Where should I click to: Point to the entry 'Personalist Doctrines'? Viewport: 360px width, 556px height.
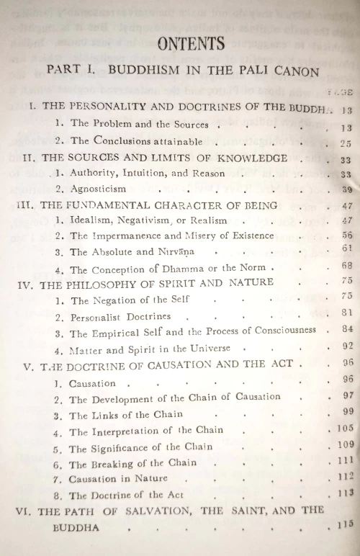pyautogui.click(x=120, y=316)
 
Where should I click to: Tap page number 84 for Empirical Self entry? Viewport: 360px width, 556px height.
pyautogui.click(x=346, y=330)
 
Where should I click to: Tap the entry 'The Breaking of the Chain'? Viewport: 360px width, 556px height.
pyautogui.click(x=132, y=463)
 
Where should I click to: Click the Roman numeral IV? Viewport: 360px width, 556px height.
pyautogui.click(x=27, y=284)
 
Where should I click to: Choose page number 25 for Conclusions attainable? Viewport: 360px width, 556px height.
pyautogui.click(x=346, y=143)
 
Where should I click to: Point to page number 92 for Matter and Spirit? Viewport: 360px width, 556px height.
pyautogui.click(x=346, y=346)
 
